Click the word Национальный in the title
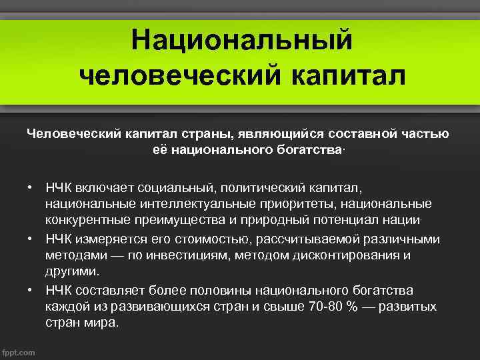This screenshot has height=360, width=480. click(x=241, y=40)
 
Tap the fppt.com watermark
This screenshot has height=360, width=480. click(x=19, y=351)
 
